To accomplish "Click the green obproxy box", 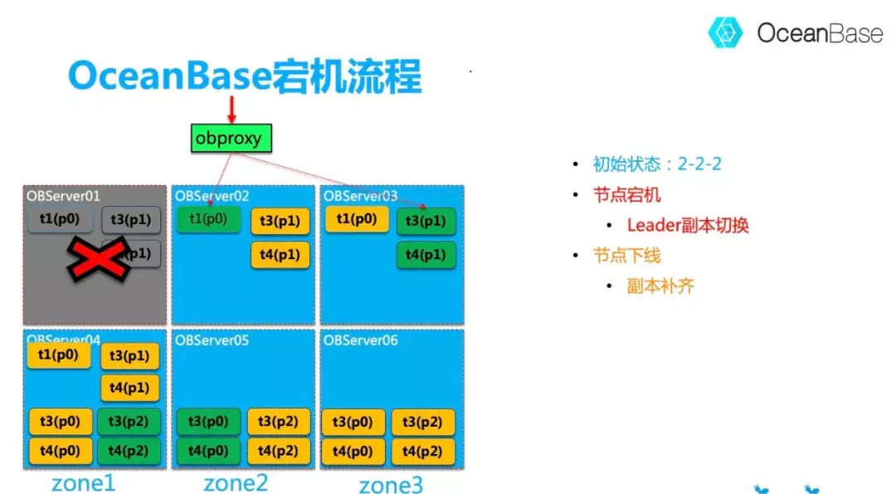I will (x=228, y=138).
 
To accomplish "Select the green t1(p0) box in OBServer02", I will (x=208, y=219).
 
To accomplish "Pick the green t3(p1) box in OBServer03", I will (x=426, y=222).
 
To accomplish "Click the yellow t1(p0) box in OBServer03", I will (x=357, y=219).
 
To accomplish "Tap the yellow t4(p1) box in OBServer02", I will (x=280, y=255).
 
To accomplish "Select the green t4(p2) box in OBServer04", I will (x=128, y=451).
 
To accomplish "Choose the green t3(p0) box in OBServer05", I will (x=208, y=422).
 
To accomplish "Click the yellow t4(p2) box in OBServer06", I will (x=423, y=451).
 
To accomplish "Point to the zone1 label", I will (x=83, y=482).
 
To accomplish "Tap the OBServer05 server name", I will (x=212, y=340).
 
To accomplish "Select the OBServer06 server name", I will (x=360, y=340).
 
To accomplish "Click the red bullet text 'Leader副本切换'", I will (x=688, y=225).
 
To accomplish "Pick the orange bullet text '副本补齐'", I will (x=660, y=286).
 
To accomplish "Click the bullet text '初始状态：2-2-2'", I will (x=657, y=164).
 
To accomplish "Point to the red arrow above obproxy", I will (x=231, y=110).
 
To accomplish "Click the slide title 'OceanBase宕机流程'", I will (x=245, y=77).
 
